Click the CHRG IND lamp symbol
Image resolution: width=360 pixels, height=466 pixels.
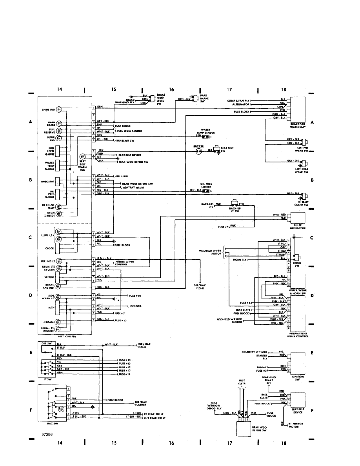58,109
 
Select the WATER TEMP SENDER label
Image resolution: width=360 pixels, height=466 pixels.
207,131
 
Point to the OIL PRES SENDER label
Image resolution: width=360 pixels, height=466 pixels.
205,185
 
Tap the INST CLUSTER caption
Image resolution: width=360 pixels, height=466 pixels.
66,336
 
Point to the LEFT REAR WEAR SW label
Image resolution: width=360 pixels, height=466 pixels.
301,170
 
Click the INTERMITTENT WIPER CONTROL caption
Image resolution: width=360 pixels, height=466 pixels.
297,335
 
